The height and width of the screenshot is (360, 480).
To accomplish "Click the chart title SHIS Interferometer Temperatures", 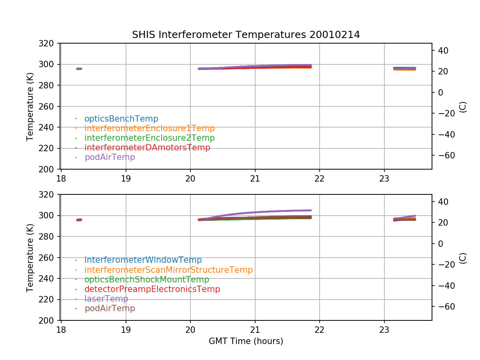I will coord(246,35).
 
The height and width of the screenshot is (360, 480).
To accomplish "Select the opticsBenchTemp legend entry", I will coord(121,119).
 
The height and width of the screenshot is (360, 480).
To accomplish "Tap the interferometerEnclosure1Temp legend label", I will coord(149,128).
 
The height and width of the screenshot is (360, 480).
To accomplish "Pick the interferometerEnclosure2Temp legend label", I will coord(149,138).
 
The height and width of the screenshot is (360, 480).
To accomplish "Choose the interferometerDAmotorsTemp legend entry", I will coord(147,148).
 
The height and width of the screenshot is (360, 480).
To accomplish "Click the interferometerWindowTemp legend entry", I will coord(143,260).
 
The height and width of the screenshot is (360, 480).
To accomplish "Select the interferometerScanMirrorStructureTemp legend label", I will coord(168,270).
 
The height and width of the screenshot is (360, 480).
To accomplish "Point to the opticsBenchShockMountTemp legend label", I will coord(146,280).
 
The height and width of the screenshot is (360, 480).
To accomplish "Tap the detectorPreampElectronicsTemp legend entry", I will coord(152,289).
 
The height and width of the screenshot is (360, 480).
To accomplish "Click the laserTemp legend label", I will coord(106,299).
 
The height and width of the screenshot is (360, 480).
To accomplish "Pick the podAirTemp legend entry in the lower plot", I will coord(110,308).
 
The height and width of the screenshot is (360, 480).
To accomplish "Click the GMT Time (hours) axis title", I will coord(246,341).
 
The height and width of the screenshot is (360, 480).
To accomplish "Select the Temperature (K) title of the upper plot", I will coord(30,106).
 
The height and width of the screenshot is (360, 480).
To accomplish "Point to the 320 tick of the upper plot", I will coord(49,43).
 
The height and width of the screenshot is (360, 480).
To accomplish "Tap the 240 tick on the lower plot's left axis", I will coord(49,278).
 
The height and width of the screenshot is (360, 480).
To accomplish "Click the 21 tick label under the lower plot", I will coord(255,329).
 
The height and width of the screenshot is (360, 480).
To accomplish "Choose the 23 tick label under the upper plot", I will coord(384,178).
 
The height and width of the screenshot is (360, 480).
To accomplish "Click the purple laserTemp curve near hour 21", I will coord(255,212).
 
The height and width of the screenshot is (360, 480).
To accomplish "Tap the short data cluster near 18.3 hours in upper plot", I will coord(79,69).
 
